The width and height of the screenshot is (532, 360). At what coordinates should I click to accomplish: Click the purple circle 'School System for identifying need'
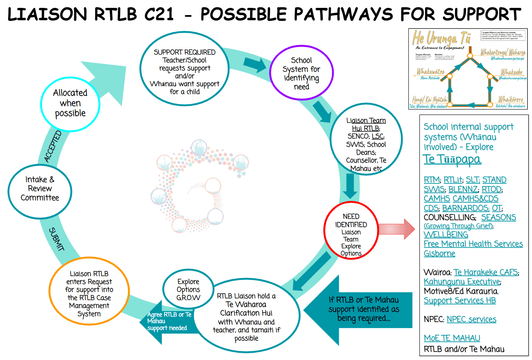[301, 73]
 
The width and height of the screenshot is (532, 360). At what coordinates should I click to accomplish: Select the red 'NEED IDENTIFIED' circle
[351, 230]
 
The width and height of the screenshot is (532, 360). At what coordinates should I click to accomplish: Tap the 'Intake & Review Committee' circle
[40, 191]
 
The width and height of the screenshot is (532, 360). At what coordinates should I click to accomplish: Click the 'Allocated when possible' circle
[70, 104]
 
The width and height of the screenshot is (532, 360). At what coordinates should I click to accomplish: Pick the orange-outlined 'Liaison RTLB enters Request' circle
[89, 291]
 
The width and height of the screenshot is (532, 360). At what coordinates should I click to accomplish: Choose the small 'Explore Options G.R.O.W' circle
[188, 290]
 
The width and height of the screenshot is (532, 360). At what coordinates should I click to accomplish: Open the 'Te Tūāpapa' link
[452, 159]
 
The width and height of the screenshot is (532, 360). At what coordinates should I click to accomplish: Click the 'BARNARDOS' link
[465, 208]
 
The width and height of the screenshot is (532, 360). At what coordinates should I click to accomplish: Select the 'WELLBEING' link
[446, 235]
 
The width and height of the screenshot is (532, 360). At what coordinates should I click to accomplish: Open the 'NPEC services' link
[471, 319]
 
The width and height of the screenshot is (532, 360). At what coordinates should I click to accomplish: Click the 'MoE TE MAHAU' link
[452, 338]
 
